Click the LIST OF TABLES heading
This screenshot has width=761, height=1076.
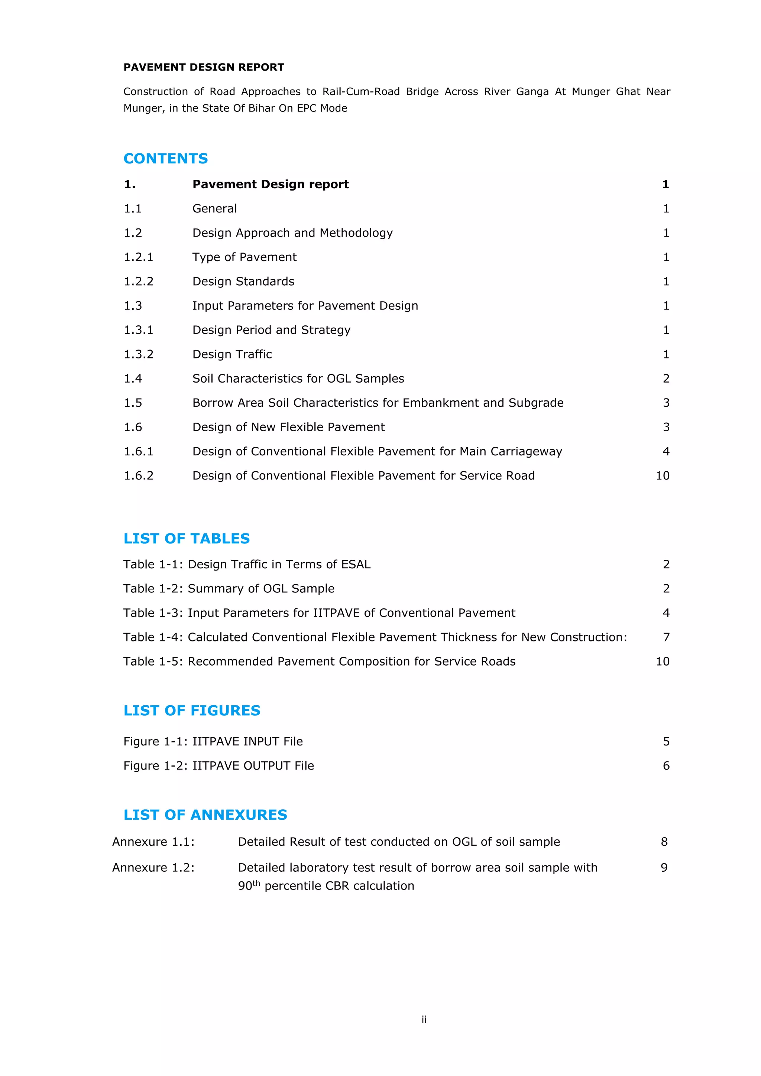click(x=187, y=539)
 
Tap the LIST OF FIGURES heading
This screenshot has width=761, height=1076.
click(x=192, y=711)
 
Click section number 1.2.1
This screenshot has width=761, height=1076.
click(x=138, y=257)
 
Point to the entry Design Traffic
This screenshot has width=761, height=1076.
click(x=232, y=354)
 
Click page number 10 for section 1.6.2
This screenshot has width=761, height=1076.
click(x=662, y=476)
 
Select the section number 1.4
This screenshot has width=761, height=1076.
click(x=133, y=379)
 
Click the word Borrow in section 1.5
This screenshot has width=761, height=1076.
click(x=210, y=403)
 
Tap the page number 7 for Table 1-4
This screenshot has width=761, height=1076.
click(x=666, y=637)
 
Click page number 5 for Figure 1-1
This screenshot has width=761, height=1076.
click(x=666, y=741)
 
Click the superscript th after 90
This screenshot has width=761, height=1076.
click(x=256, y=883)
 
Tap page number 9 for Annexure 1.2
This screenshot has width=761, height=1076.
click(x=664, y=868)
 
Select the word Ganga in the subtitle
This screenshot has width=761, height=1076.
click(x=532, y=92)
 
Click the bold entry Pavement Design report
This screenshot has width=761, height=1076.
click(x=271, y=184)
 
